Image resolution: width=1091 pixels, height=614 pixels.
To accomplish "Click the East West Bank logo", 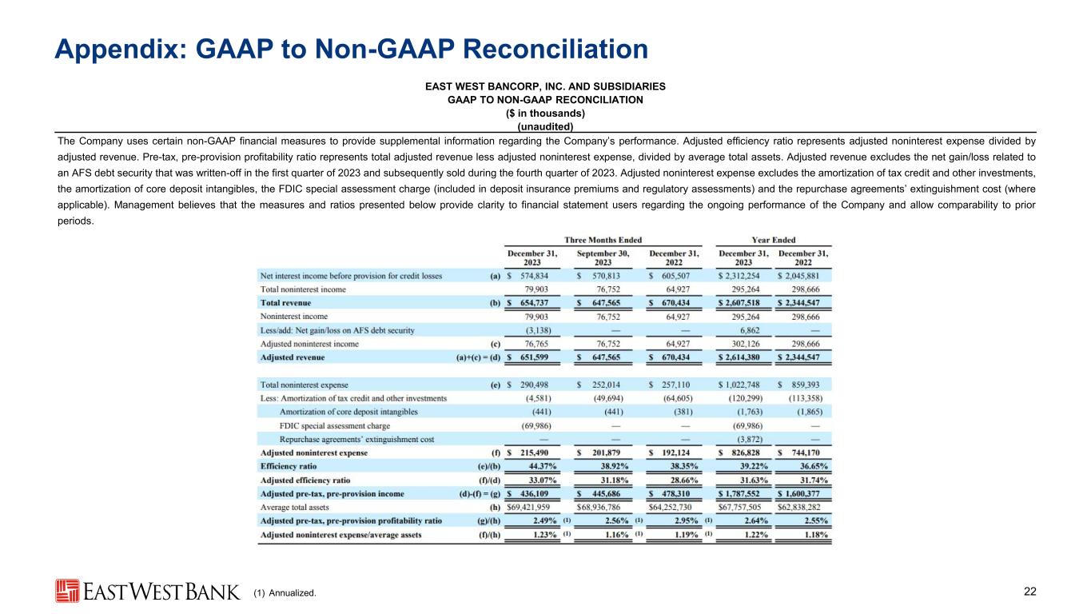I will click(147, 591).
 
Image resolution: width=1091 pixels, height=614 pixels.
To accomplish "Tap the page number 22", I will click(1029, 592).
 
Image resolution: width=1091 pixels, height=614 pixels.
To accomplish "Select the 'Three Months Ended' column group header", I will click(603, 240).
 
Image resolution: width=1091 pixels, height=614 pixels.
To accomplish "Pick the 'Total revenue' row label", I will click(285, 303).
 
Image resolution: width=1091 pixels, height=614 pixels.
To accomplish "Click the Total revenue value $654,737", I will click(535, 303).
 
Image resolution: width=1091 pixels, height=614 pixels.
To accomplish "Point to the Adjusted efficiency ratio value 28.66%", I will click(680, 480).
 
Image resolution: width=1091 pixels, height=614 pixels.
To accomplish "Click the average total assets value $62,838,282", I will click(802, 507).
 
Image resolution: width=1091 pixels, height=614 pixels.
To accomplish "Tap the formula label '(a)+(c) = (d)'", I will click(472, 357).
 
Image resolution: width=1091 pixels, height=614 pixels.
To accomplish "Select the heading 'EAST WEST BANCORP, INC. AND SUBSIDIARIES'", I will click(545, 86).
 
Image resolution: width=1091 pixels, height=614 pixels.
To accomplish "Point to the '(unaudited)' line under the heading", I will click(545, 126).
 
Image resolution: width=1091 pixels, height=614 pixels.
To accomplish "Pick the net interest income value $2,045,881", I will click(803, 276).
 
